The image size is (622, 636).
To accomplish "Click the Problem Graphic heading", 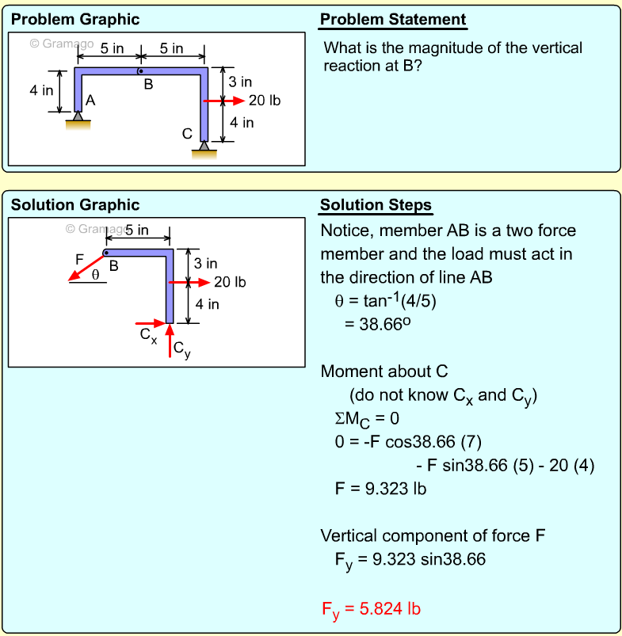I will pos(75,20).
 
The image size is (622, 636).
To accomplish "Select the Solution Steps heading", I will pos(376,205).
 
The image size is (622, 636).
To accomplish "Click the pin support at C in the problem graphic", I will pos(204,147).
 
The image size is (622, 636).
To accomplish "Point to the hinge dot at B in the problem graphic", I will pos(140,71).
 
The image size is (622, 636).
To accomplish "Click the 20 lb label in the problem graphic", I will pos(265,101).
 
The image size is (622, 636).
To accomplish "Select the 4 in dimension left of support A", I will pos(41,90).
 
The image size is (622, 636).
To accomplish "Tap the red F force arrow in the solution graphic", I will pos(86,267).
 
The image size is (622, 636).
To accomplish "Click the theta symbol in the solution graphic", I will pos(96,275).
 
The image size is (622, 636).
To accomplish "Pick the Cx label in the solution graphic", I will pos(148,334).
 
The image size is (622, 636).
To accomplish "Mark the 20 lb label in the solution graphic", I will pos(230,282).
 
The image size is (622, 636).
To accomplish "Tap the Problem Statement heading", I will pos(393,20).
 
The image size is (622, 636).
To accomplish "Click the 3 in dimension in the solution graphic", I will pos(205,263).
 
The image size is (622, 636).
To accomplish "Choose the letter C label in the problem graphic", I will pos(187,134).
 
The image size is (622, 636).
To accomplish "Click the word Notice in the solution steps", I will pos(347,231).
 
